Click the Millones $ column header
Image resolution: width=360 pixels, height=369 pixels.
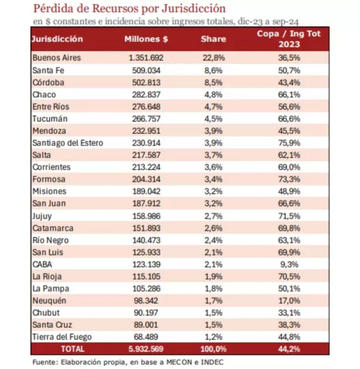pos(146,39)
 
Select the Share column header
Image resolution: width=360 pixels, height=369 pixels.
pos(213,39)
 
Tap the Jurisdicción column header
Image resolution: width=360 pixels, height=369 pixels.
pos(57,39)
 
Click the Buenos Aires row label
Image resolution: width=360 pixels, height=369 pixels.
pos(57,58)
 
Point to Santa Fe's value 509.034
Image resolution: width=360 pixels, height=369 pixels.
pos(146,70)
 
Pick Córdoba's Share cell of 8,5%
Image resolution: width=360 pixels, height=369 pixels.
pos(213,83)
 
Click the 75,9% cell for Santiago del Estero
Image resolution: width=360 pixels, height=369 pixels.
pos(289,143)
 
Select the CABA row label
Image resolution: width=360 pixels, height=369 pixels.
pos(42,264)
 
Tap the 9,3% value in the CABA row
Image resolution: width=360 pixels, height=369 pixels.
pos(289,264)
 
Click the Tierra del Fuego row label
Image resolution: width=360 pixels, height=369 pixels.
pos(62,337)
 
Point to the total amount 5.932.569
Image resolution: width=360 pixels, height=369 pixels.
pos(146,349)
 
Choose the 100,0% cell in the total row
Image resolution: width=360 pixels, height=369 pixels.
pos(213,349)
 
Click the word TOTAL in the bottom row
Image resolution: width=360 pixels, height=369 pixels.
pos(73,349)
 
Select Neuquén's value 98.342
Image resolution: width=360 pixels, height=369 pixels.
pos(146,300)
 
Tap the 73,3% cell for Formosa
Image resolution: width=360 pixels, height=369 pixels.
pos(289,179)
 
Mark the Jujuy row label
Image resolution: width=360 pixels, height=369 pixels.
pos(42,216)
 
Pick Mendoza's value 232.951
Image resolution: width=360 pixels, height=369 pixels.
pos(146,131)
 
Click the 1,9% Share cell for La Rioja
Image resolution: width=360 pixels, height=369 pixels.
pos(213,276)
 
